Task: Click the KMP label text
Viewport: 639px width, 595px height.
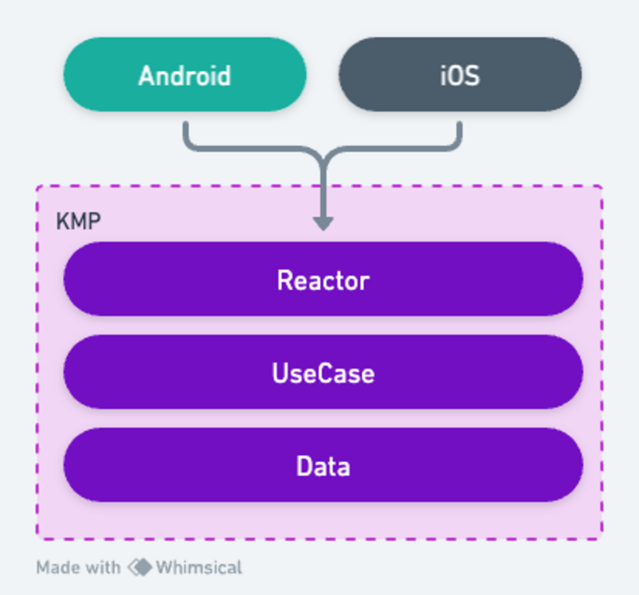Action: pos(79,221)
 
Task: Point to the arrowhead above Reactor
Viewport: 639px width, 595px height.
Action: pos(323,223)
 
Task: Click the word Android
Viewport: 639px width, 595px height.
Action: pos(185,76)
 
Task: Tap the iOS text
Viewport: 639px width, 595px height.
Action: pos(460,76)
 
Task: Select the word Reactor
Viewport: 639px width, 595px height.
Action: pos(323,281)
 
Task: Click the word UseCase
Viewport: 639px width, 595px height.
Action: pos(323,373)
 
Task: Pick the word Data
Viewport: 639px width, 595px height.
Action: pos(323,466)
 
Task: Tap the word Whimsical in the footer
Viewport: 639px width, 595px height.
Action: pos(199,567)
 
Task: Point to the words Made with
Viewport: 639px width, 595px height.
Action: pos(78,567)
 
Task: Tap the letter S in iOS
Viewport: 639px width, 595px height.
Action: pos(471,76)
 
